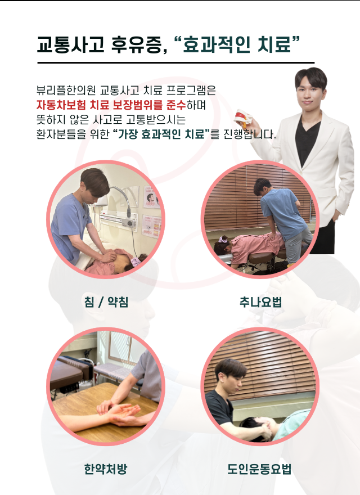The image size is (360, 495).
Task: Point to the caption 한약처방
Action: (106, 469)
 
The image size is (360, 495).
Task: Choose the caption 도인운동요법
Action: (260, 469)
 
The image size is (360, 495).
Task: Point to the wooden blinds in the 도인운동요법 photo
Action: (264, 360)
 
